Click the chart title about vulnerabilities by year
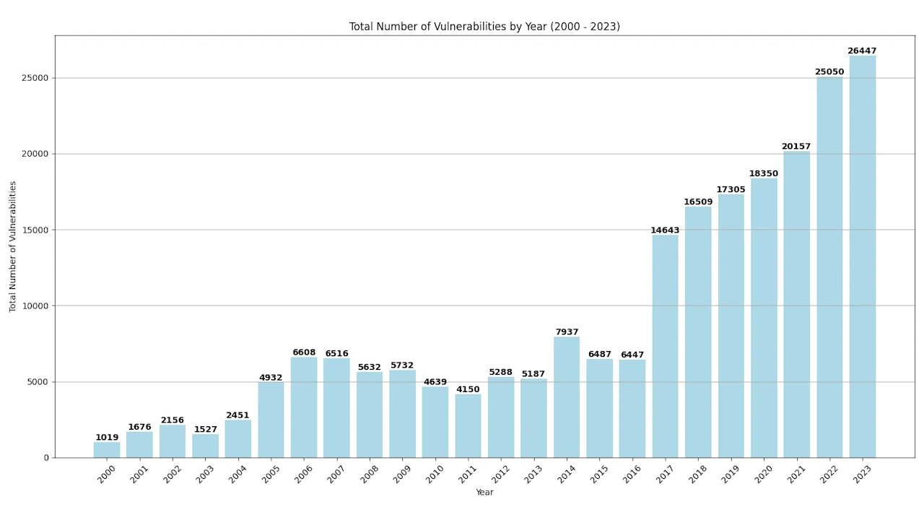click(x=484, y=27)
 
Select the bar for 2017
click(x=665, y=347)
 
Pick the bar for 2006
click(x=304, y=407)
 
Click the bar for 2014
click(x=567, y=397)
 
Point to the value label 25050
click(x=829, y=72)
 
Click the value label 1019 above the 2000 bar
click(x=107, y=438)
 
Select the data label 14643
click(x=665, y=230)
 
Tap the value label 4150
click(x=468, y=390)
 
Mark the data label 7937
click(x=567, y=332)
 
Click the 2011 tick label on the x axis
click(x=468, y=474)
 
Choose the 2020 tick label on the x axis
click(x=764, y=474)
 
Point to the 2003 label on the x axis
click(x=205, y=474)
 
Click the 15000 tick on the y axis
click(x=35, y=230)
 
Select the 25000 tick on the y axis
click(x=35, y=78)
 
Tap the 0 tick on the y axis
click(x=46, y=458)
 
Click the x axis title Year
click(x=484, y=493)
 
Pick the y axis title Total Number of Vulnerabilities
click(x=12, y=246)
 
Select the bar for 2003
click(x=205, y=446)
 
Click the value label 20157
click(x=796, y=147)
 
